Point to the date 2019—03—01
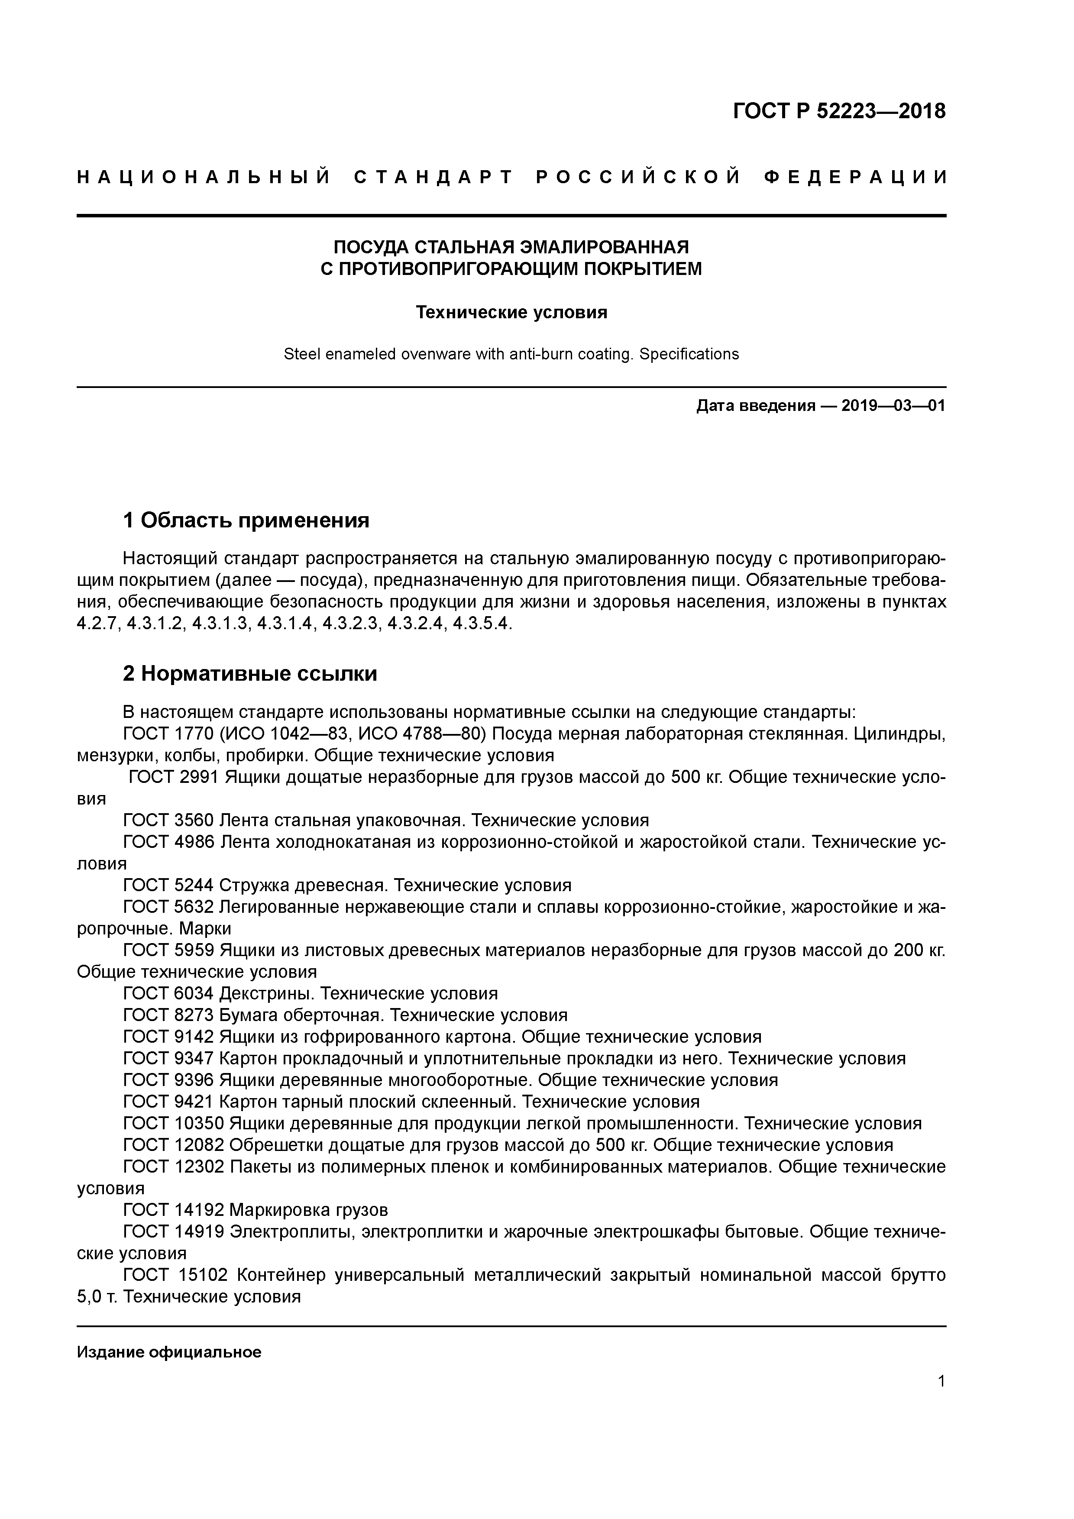[x=893, y=406]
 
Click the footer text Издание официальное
[x=169, y=1352]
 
